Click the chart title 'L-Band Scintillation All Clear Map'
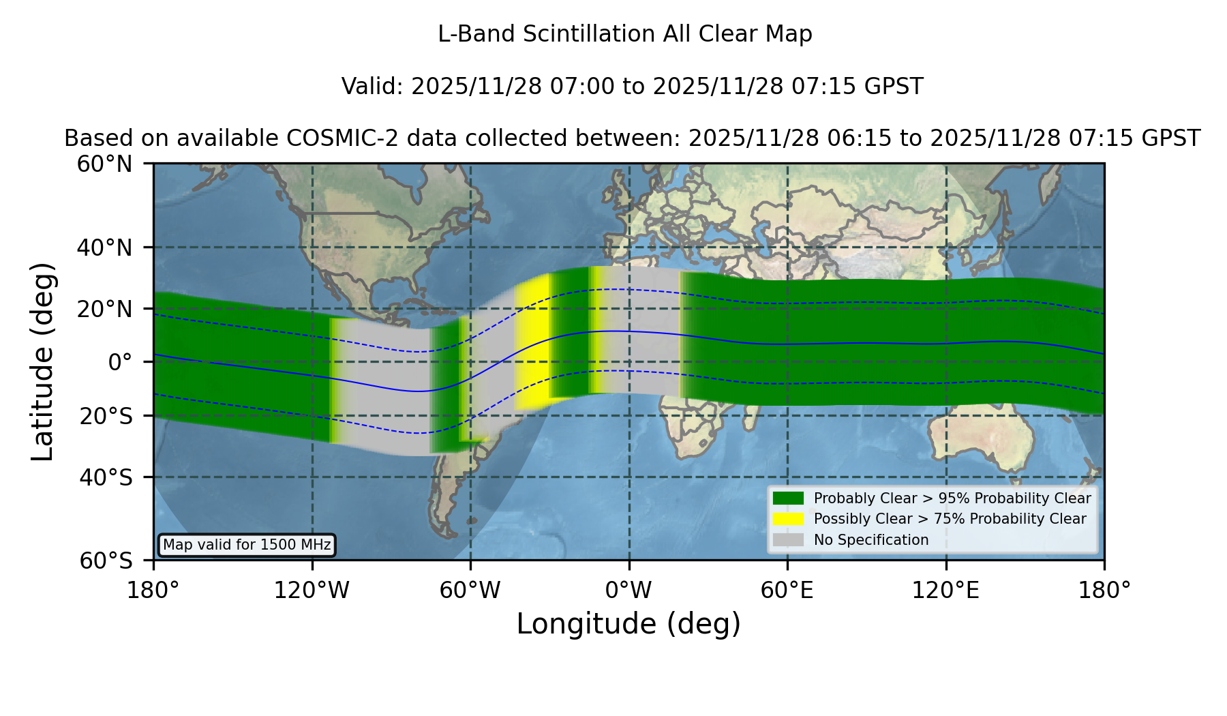[624, 34]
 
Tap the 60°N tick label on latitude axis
[104, 164]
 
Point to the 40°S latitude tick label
[106, 477]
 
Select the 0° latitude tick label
[120, 362]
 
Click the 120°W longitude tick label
[312, 591]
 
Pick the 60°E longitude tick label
[787, 591]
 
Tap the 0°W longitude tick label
[628, 591]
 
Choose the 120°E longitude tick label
[945, 591]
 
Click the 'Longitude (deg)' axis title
[628, 624]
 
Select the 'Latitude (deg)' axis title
[43, 361]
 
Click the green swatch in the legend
[788, 498]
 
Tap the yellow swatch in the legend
[788, 519]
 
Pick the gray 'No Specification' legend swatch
[788, 540]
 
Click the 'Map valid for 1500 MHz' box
[247, 545]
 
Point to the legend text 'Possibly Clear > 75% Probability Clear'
[950, 519]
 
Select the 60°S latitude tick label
[106, 561]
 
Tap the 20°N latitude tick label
[104, 309]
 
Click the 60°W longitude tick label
[470, 591]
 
